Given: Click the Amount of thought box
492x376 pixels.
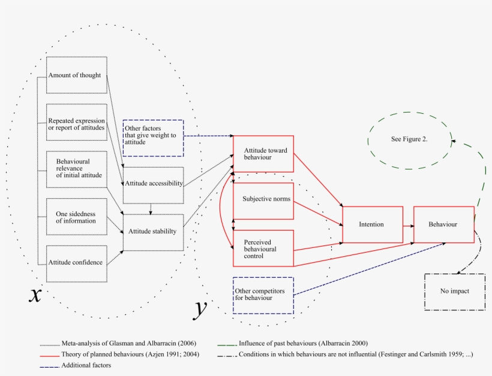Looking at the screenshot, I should click(x=76, y=75).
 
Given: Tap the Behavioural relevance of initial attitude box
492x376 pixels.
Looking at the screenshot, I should click(x=76, y=169).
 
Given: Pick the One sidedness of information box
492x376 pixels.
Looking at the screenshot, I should click(x=76, y=217).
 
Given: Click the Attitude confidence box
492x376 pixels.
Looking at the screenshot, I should click(x=76, y=263).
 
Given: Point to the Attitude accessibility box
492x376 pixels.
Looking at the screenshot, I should click(x=152, y=184).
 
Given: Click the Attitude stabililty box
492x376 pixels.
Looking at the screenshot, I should click(x=152, y=232).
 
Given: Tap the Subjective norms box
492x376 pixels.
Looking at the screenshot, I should click(x=263, y=200).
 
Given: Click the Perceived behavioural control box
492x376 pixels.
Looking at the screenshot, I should click(x=263, y=248).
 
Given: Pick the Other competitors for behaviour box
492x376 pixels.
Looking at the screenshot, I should click(x=263, y=295).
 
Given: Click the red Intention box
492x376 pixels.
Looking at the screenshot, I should click(x=372, y=225).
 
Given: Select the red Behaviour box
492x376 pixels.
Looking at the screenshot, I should click(x=443, y=225).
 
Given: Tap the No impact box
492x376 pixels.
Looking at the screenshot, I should click(x=454, y=292).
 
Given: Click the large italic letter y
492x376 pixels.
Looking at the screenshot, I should click(x=201, y=309).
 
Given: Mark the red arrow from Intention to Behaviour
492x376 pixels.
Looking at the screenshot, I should click(x=408, y=226).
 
